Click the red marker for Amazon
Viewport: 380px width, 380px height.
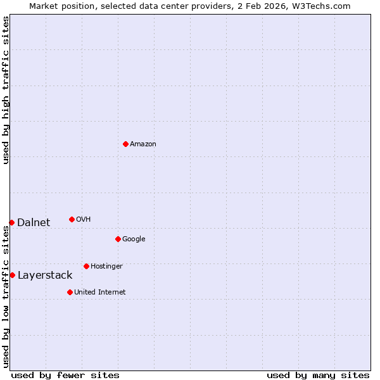125,144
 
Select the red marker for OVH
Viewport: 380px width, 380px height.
72,219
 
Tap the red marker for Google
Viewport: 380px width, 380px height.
118,239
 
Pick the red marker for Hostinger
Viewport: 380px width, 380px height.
86,266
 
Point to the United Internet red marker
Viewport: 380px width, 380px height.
70,292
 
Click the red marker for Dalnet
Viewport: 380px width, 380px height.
11,222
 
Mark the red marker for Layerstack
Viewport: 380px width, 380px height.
12,275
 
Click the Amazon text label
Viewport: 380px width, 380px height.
143,144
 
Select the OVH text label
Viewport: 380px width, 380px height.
84,220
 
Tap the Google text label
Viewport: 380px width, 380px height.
134,239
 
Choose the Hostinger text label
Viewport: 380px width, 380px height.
106,267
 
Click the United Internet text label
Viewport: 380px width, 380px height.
100,293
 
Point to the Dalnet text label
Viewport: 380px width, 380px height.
34,222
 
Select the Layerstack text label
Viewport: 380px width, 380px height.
45,275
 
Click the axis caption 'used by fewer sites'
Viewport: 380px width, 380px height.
65,376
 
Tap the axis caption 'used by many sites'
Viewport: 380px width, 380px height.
318,376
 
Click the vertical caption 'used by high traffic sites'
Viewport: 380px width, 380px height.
6,91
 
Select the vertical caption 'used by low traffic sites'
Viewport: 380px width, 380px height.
6,296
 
